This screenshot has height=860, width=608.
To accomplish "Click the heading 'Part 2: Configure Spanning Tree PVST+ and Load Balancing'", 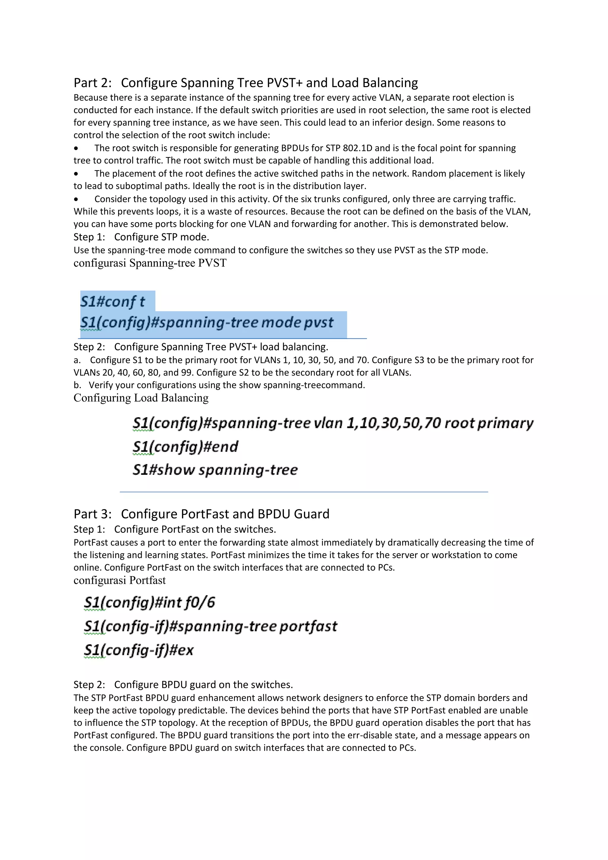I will coord(246,83).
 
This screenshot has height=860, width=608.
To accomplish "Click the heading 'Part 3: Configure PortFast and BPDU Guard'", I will coord(201,514).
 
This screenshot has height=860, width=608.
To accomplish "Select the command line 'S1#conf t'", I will coord(113,301).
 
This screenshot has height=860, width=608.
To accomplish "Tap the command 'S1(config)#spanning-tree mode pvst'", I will coord(207,322).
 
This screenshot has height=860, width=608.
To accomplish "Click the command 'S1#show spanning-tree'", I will coord(215,470).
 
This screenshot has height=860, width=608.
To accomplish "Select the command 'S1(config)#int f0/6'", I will coord(149,602).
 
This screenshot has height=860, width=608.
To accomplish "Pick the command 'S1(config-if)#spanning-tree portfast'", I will coord(210,626).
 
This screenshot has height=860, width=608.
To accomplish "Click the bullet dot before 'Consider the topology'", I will coord(76,199).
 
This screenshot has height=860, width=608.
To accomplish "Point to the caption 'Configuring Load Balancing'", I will coord(141,398).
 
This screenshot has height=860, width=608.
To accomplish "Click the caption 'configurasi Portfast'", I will coord(119,580).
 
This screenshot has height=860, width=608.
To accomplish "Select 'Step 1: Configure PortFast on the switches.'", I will coord(175,529).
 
